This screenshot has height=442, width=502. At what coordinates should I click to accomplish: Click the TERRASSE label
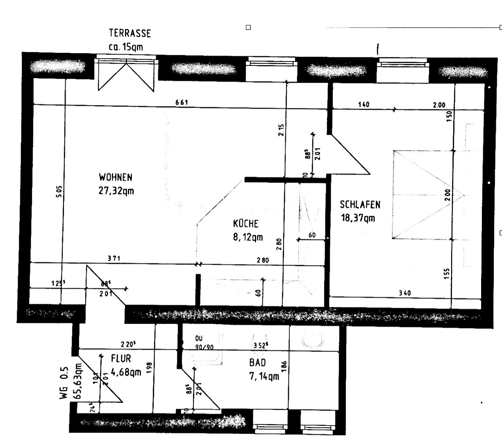(x=129, y=33)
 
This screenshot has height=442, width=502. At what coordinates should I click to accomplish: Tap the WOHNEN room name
(x=116, y=177)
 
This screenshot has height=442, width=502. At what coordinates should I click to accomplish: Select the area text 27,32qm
(x=116, y=191)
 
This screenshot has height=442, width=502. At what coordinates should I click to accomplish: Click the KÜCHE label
(x=245, y=223)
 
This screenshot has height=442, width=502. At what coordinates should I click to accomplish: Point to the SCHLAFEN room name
(x=360, y=204)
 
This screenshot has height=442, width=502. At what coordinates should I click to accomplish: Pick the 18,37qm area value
(x=358, y=218)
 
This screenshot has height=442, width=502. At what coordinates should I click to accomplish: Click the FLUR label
(x=121, y=359)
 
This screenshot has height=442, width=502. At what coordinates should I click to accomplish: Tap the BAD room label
(x=257, y=363)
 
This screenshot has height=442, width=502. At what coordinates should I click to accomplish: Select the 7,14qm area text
(x=264, y=376)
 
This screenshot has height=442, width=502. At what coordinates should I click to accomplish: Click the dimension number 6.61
(x=182, y=102)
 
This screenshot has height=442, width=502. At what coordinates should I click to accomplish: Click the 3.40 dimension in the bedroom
(x=404, y=293)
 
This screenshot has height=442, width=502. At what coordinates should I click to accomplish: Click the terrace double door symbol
(x=126, y=75)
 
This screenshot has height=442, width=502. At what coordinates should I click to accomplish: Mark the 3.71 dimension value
(x=114, y=258)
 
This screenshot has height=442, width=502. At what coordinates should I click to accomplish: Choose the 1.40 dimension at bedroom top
(x=363, y=104)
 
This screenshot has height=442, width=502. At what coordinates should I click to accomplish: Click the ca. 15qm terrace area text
(x=126, y=47)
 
